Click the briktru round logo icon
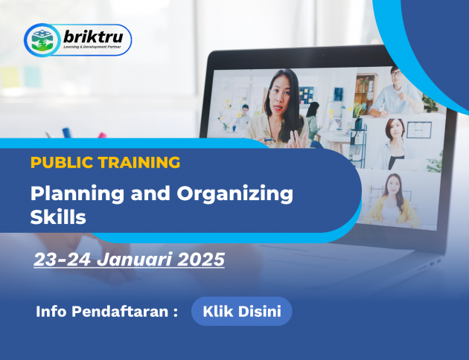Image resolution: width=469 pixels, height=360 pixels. pyautogui.click(x=42, y=40)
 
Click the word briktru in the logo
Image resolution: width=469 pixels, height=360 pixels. pyautogui.click(x=93, y=37)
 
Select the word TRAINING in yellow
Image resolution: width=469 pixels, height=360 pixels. pyautogui.click(x=139, y=163)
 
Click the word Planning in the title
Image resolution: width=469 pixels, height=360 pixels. pyautogui.click(x=77, y=194)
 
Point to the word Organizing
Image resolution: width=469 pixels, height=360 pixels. pyautogui.click(x=234, y=194)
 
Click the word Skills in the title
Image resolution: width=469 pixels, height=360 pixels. pyautogui.click(x=58, y=216)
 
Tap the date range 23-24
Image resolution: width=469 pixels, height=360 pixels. pyautogui.click(x=63, y=259)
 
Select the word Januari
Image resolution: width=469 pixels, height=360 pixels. pyautogui.click(x=134, y=259)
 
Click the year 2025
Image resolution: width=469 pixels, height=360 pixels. pyautogui.click(x=201, y=259)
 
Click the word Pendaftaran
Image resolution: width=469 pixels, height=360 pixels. pyautogui.click(x=120, y=312)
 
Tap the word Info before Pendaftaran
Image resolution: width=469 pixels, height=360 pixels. pyautogui.click(x=51, y=312)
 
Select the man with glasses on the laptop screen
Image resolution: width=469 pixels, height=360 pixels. pyautogui.click(x=395, y=92)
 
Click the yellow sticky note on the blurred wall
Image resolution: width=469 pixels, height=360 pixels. pyautogui.click(x=10, y=77)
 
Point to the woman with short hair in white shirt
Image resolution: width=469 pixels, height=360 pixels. pyautogui.click(x=394, y=144)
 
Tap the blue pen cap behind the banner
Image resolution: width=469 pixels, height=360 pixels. pyautogui.click(x=67, y=132)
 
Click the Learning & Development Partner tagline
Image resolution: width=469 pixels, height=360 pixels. pyautogui.click(x=92, y=47)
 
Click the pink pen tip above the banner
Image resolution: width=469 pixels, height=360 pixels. pyautogui.click(x=102, y=135)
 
